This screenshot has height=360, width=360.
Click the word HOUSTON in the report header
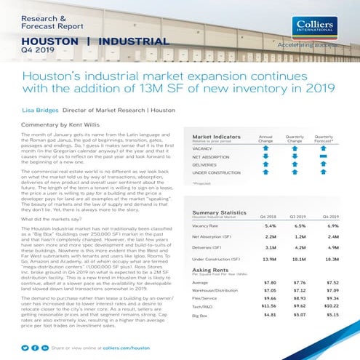[x=47, y=41]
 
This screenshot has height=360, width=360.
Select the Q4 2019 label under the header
[x=36, y=50]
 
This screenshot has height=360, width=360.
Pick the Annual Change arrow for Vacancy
[x=265, y=148]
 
